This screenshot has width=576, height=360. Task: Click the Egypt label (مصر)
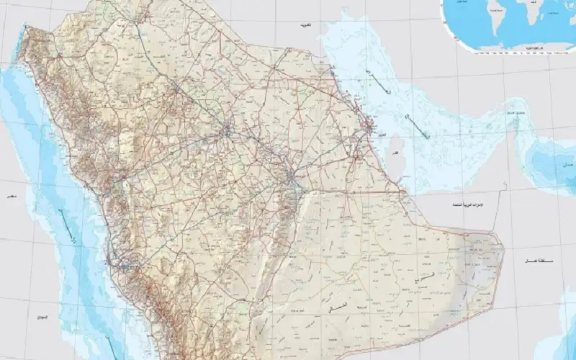(x=10, y=196)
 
